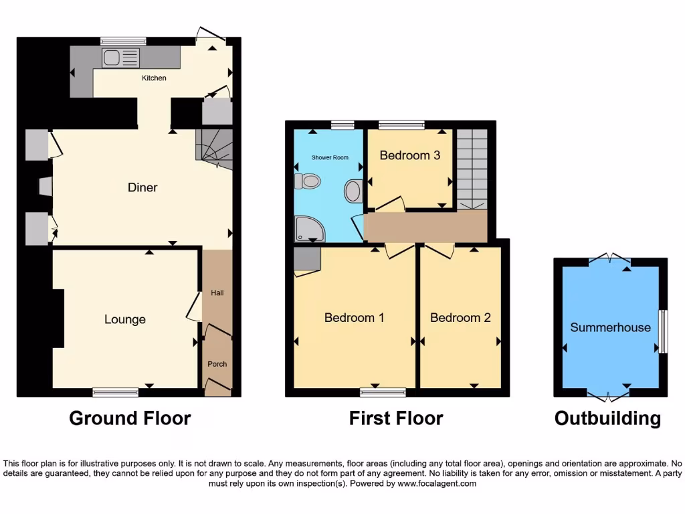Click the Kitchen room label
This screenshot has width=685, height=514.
(154, 78)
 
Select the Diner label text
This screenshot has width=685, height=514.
(142, 187)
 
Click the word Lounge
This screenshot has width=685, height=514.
(125, 319)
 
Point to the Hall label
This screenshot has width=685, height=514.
(217, 293)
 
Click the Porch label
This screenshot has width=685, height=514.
(217, 364)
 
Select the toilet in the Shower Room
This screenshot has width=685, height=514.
(309, 181)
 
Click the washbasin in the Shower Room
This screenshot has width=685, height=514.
(353, 191)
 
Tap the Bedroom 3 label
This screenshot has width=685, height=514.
(410, 155)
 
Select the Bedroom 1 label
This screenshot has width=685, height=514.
(354, 317)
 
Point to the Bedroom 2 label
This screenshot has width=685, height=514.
(460, 317)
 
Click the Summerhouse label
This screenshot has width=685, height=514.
(610, 327)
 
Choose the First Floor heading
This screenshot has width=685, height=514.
(396, 418)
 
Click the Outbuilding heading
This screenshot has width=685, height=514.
(607, 418)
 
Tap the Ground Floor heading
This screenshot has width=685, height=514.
(130, 418)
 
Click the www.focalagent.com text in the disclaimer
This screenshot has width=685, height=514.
(437, 483)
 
